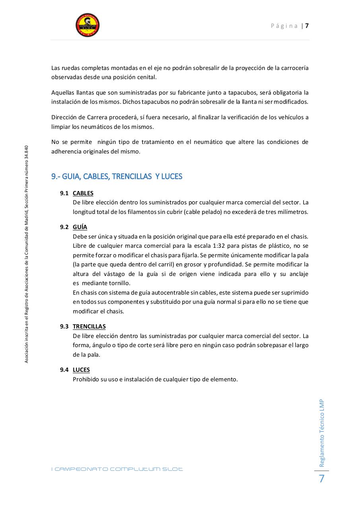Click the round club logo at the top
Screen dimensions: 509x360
pyautogui.click(x=88, y=25)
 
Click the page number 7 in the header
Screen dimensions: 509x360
pyautogui.click(x=307, y=26)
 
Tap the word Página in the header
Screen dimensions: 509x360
pyautogui.click(x=284, y=26)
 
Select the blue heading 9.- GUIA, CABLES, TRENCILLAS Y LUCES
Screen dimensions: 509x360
pyautogui.click(x=117, y=176)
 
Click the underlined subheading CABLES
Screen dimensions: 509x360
pyautogui.click(x=83, y=193)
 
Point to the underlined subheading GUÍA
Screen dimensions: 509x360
pyautogui.click(x=80, y=227)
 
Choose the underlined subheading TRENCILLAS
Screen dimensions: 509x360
pyautogui.click(x=89, y=326)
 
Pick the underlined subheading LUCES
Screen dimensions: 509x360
pyautogui.click(x=81, y=370)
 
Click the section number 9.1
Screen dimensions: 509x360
pyautogui.click(x=64, y=193)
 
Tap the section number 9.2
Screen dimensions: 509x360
pyautogui.click(x=64, y=227)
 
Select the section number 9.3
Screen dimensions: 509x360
pyautogui.click(x=64, y=326)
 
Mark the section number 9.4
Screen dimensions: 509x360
pyautogui.click(x=64, y=370)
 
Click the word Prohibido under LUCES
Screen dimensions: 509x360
pyautogui.click(x=86, y=379)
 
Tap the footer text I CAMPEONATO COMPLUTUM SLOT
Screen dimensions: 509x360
pyautogui.click(x=117, y=469)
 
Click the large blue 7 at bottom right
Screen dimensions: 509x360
pyautogui.click(x=321, y=479)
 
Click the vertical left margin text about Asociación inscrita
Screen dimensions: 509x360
pyautogui.click(x=26, y=254)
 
